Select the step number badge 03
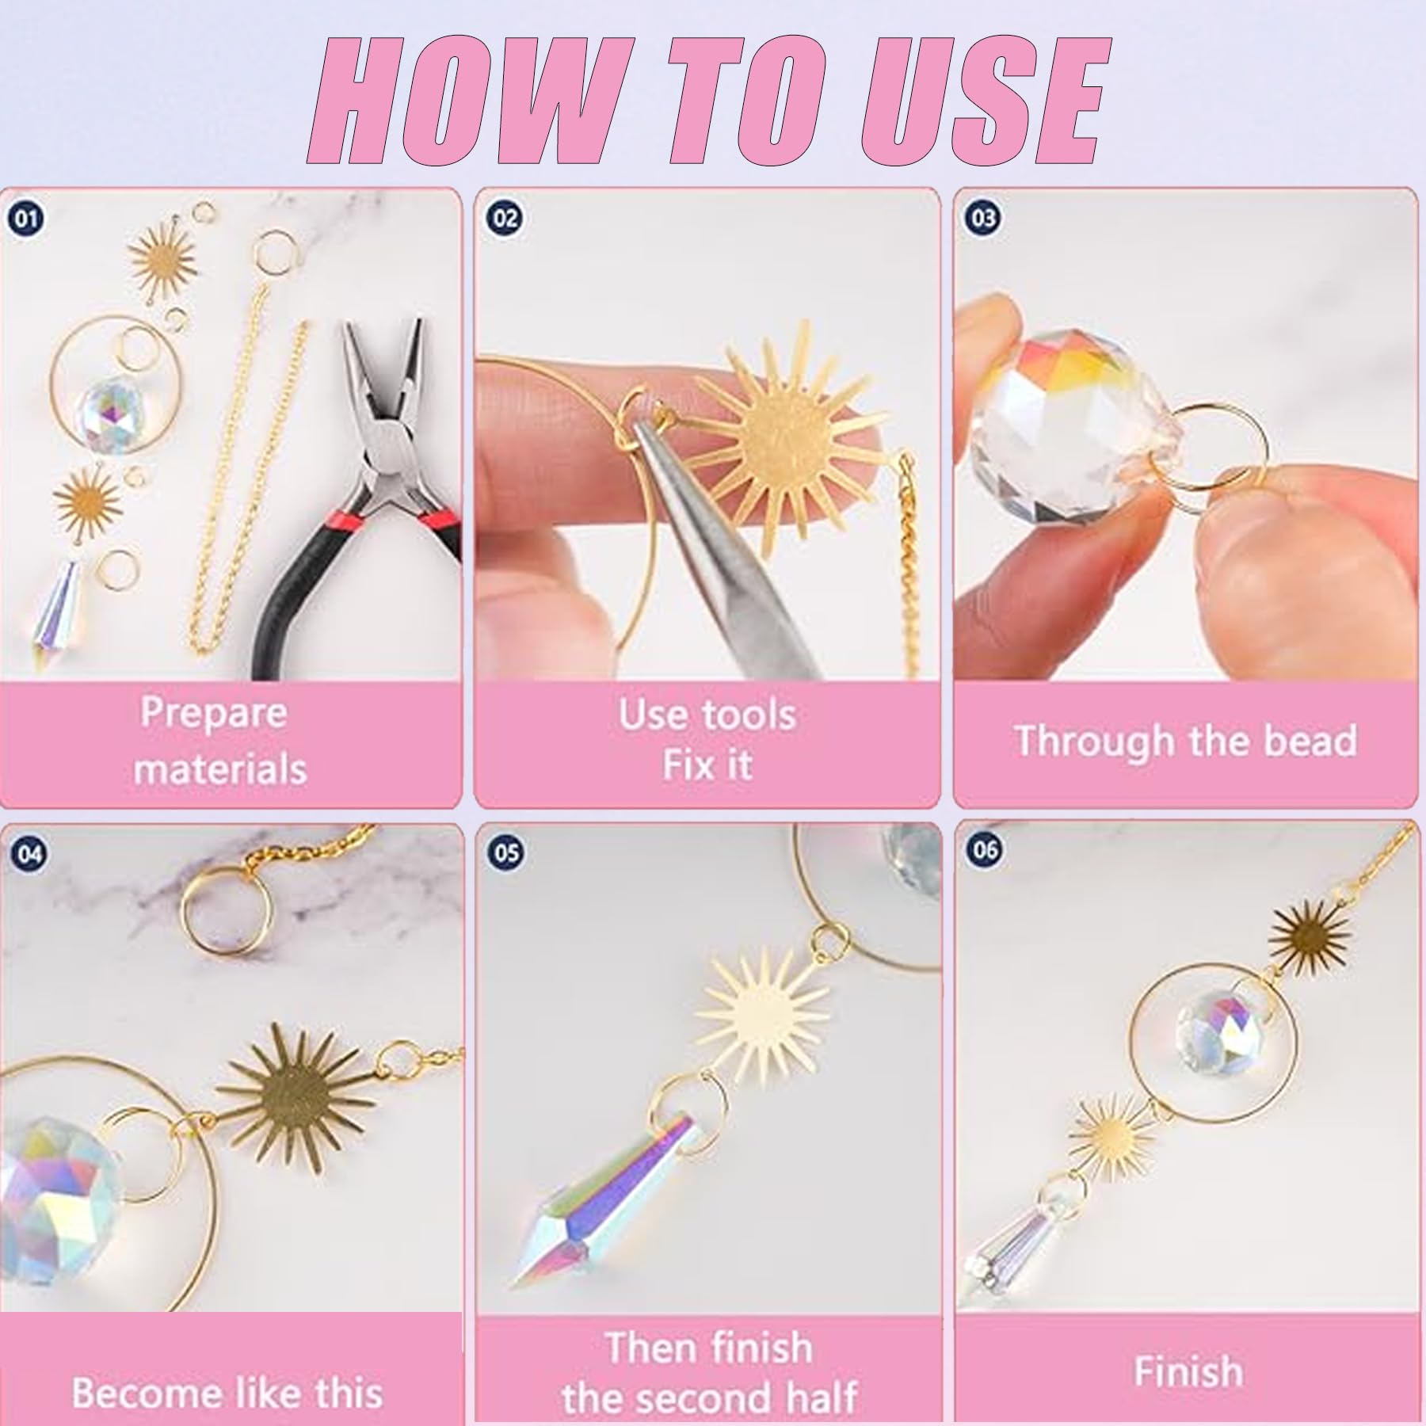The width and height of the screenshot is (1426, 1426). point(983,217)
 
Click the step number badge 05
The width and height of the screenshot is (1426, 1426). point(506,852)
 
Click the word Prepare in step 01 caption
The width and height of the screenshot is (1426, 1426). point(214,714)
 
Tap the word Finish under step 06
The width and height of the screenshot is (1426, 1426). point(1188,1371)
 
